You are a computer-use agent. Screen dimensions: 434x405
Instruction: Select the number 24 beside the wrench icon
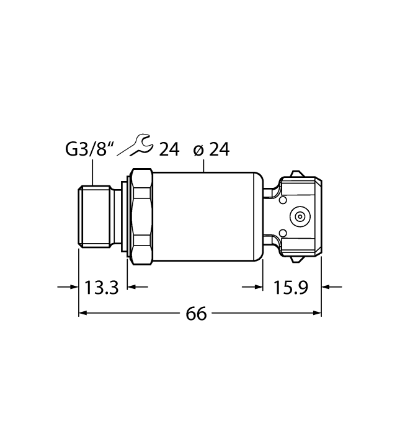(x=169, y=149)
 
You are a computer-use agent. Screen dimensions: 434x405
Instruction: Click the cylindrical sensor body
(x=205, y=215)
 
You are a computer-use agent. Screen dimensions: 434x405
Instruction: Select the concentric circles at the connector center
(x=300, y=216)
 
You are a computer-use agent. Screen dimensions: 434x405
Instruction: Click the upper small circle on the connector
(x=282, y=201)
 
